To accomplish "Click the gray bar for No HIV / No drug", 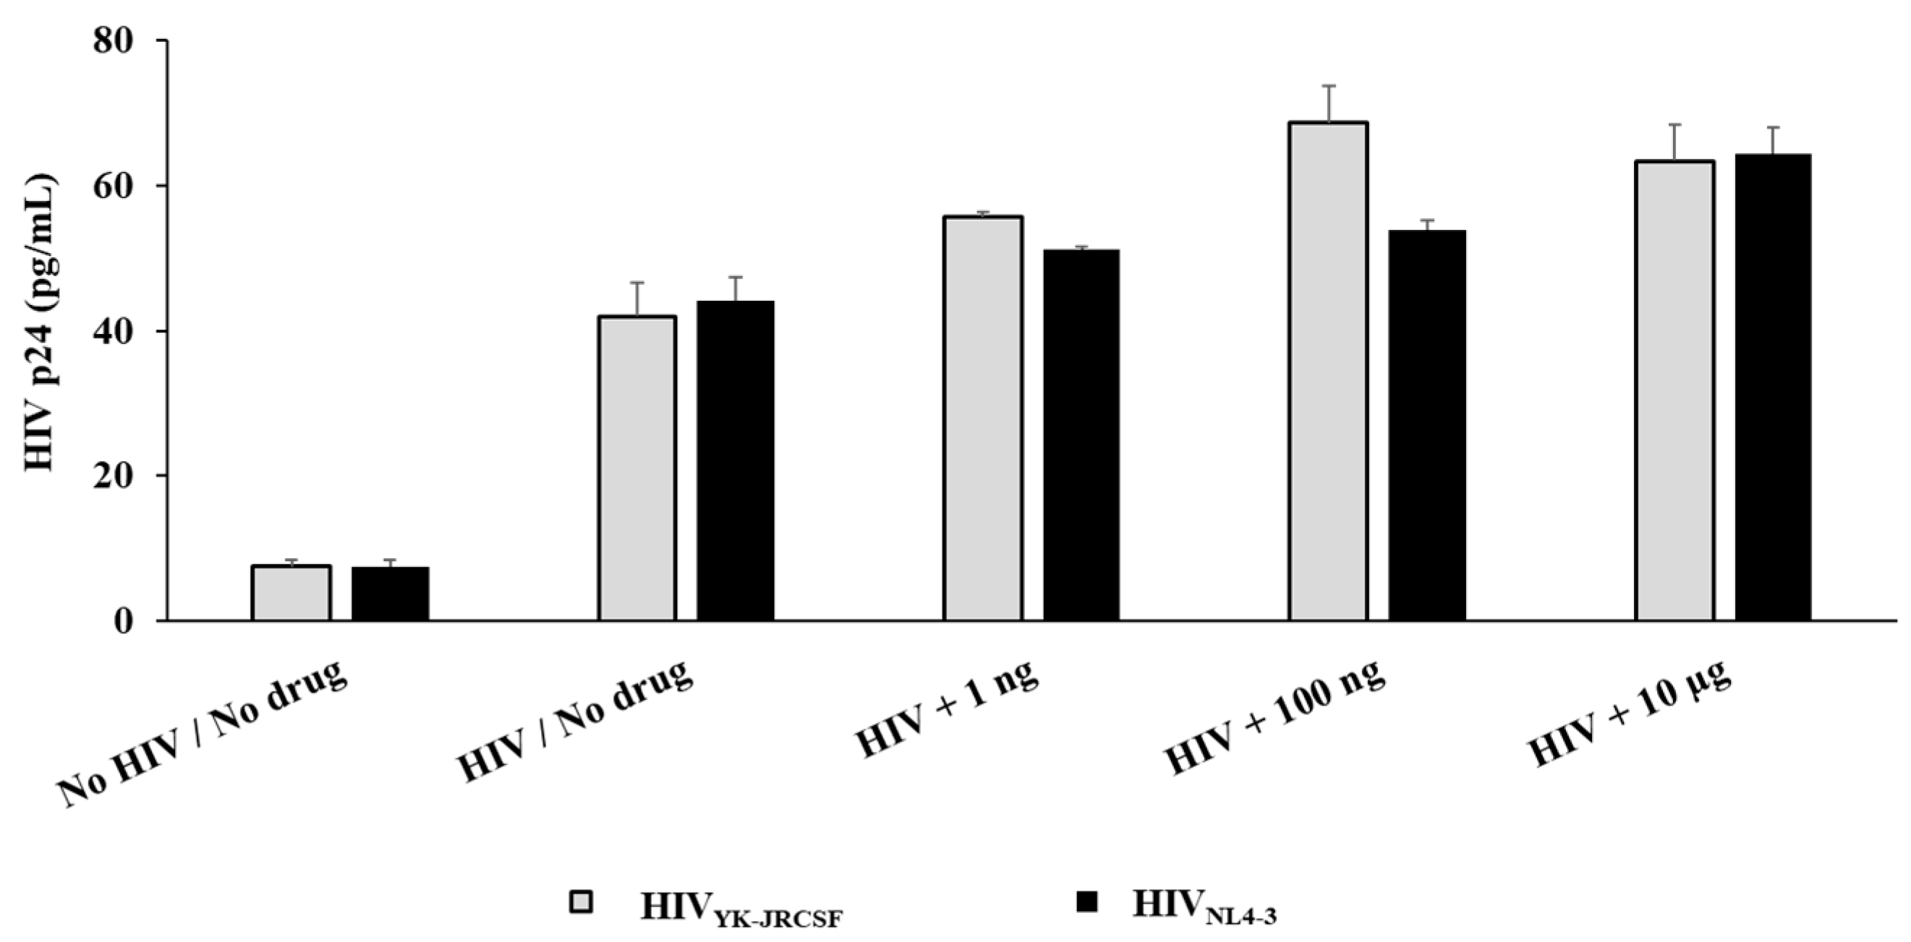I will pos(291,593).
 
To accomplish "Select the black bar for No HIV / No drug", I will pos(390,594).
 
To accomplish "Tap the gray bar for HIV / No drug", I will pos(637,468).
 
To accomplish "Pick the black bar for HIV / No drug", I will pos(735,461).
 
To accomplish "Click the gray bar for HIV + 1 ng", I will pos(982,419).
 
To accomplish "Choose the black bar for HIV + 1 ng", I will pos(1081,434).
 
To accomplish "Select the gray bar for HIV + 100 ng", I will pos(1328,371).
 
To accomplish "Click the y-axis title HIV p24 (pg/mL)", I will pos(41,322).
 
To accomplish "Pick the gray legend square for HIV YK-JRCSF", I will pos(581,902).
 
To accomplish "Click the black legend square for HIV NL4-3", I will pos(1086,902).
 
